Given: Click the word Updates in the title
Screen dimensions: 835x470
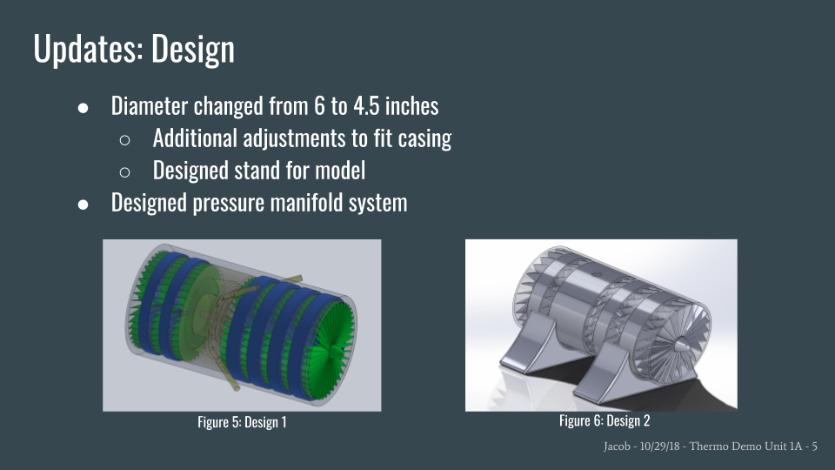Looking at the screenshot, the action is [x=89, y=49].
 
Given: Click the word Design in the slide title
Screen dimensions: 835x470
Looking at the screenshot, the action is [x=193, y=50].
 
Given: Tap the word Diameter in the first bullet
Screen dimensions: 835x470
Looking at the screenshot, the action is [x=149, y=105].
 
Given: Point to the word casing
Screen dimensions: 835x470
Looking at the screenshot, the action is [x=424, y=139].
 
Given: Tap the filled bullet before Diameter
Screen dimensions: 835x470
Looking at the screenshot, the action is [x=83, y=108].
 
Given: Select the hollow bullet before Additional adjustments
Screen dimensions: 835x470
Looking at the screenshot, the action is [x=124, y=139].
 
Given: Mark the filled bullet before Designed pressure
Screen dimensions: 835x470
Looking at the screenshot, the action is [x=83, y=204].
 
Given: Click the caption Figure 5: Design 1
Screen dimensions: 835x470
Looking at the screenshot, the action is [x=242, y=422].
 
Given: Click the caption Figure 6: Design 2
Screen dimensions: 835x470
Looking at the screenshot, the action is [x=605, y=420].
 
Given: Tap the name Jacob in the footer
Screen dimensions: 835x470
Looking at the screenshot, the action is [x=617, y=446].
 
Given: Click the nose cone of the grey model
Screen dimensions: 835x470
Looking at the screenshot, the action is [x=682, y=345].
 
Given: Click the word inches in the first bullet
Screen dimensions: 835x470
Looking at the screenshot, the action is [x=411, y=105].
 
